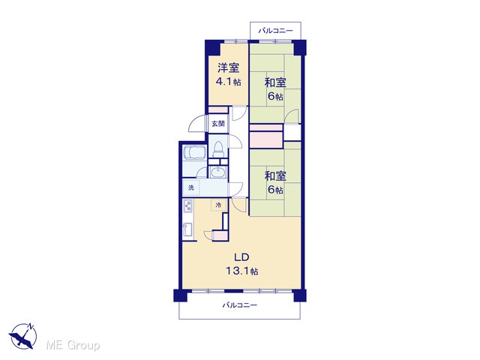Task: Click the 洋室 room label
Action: [228, 67]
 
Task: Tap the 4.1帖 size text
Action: [228, 82]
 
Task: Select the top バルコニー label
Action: [275, 31]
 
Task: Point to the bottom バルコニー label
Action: [240, 305]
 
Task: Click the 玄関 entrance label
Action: [218, 124]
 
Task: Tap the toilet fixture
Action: [218, 149]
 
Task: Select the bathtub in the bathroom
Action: [193, 153]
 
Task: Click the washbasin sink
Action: [218, 172]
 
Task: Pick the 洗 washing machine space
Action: [191, 187]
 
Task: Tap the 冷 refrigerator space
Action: [218, 205]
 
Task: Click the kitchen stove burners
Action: [187, 206]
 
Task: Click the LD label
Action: [241, 257]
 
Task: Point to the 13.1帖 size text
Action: [241, 271]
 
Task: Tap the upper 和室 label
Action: [275, 82]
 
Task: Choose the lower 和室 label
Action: [275, 176]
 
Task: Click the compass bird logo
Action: [23, 336]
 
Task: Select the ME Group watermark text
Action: [73, 346]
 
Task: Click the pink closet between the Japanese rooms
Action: [265, 139]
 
